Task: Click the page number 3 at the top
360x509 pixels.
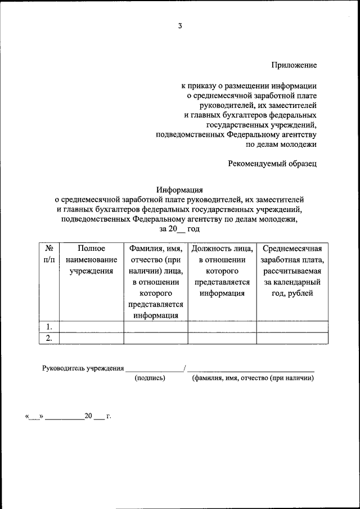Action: click(x=180, y=26)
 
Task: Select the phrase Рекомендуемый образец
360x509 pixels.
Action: click(x=272, y=164)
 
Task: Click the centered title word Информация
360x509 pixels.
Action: click(x=179, y=190)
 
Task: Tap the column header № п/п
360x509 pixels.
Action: click(x=49, y=254)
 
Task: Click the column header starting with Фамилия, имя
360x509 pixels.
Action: click(x=156, y=281)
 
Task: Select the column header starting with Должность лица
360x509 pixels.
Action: click(x=222, y=271)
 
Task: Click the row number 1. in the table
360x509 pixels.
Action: click(x=49, y=327)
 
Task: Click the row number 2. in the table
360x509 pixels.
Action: click(x=49, y=338)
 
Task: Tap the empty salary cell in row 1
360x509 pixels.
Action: click(x=292, y=327)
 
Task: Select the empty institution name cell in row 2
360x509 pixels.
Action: click(x=91, y=338)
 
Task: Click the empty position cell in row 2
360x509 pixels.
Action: click(x=222, y=338)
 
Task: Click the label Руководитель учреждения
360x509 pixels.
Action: click(x=83, y=368)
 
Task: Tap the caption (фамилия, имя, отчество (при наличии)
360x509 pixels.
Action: click(x=252, y=379)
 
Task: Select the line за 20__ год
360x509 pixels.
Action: click(x=179, y=229)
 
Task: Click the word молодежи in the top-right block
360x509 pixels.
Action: click(x=301, y=144)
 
